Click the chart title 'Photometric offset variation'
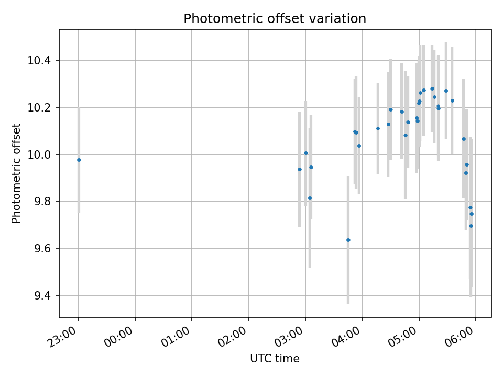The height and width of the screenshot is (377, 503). [275, 19]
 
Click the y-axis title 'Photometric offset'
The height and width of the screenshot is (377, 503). [16, 173]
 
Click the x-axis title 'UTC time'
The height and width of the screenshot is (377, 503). [275, 359]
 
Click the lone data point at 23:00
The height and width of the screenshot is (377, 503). [79, 160]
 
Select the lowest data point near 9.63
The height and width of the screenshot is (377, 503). [348, 240]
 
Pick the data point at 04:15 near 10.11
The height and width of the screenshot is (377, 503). [378, 128]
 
